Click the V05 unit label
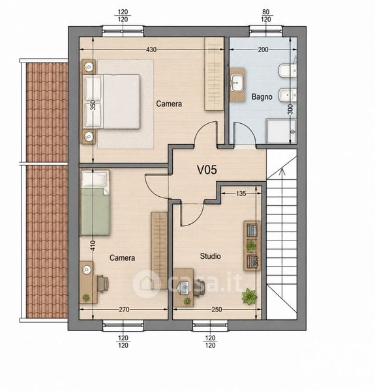click(207, 170)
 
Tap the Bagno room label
click(262, 96)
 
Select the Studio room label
click(211, 256)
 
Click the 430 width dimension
click(151, 50)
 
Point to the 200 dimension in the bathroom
click(263, 50)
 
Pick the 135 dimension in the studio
click(241, 194)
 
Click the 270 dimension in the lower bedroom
click(124, 310)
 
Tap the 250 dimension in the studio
click(217, 310)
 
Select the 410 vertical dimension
click(93, 246)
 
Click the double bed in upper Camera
click(112, 102)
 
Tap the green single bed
click(95, 203)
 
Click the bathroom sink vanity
click(237, 85)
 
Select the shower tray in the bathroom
click(281, 132)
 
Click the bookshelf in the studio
click(252, 246)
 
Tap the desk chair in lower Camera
click(103, 283)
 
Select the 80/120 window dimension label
click(266, 16)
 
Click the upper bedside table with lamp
click(89, 67)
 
